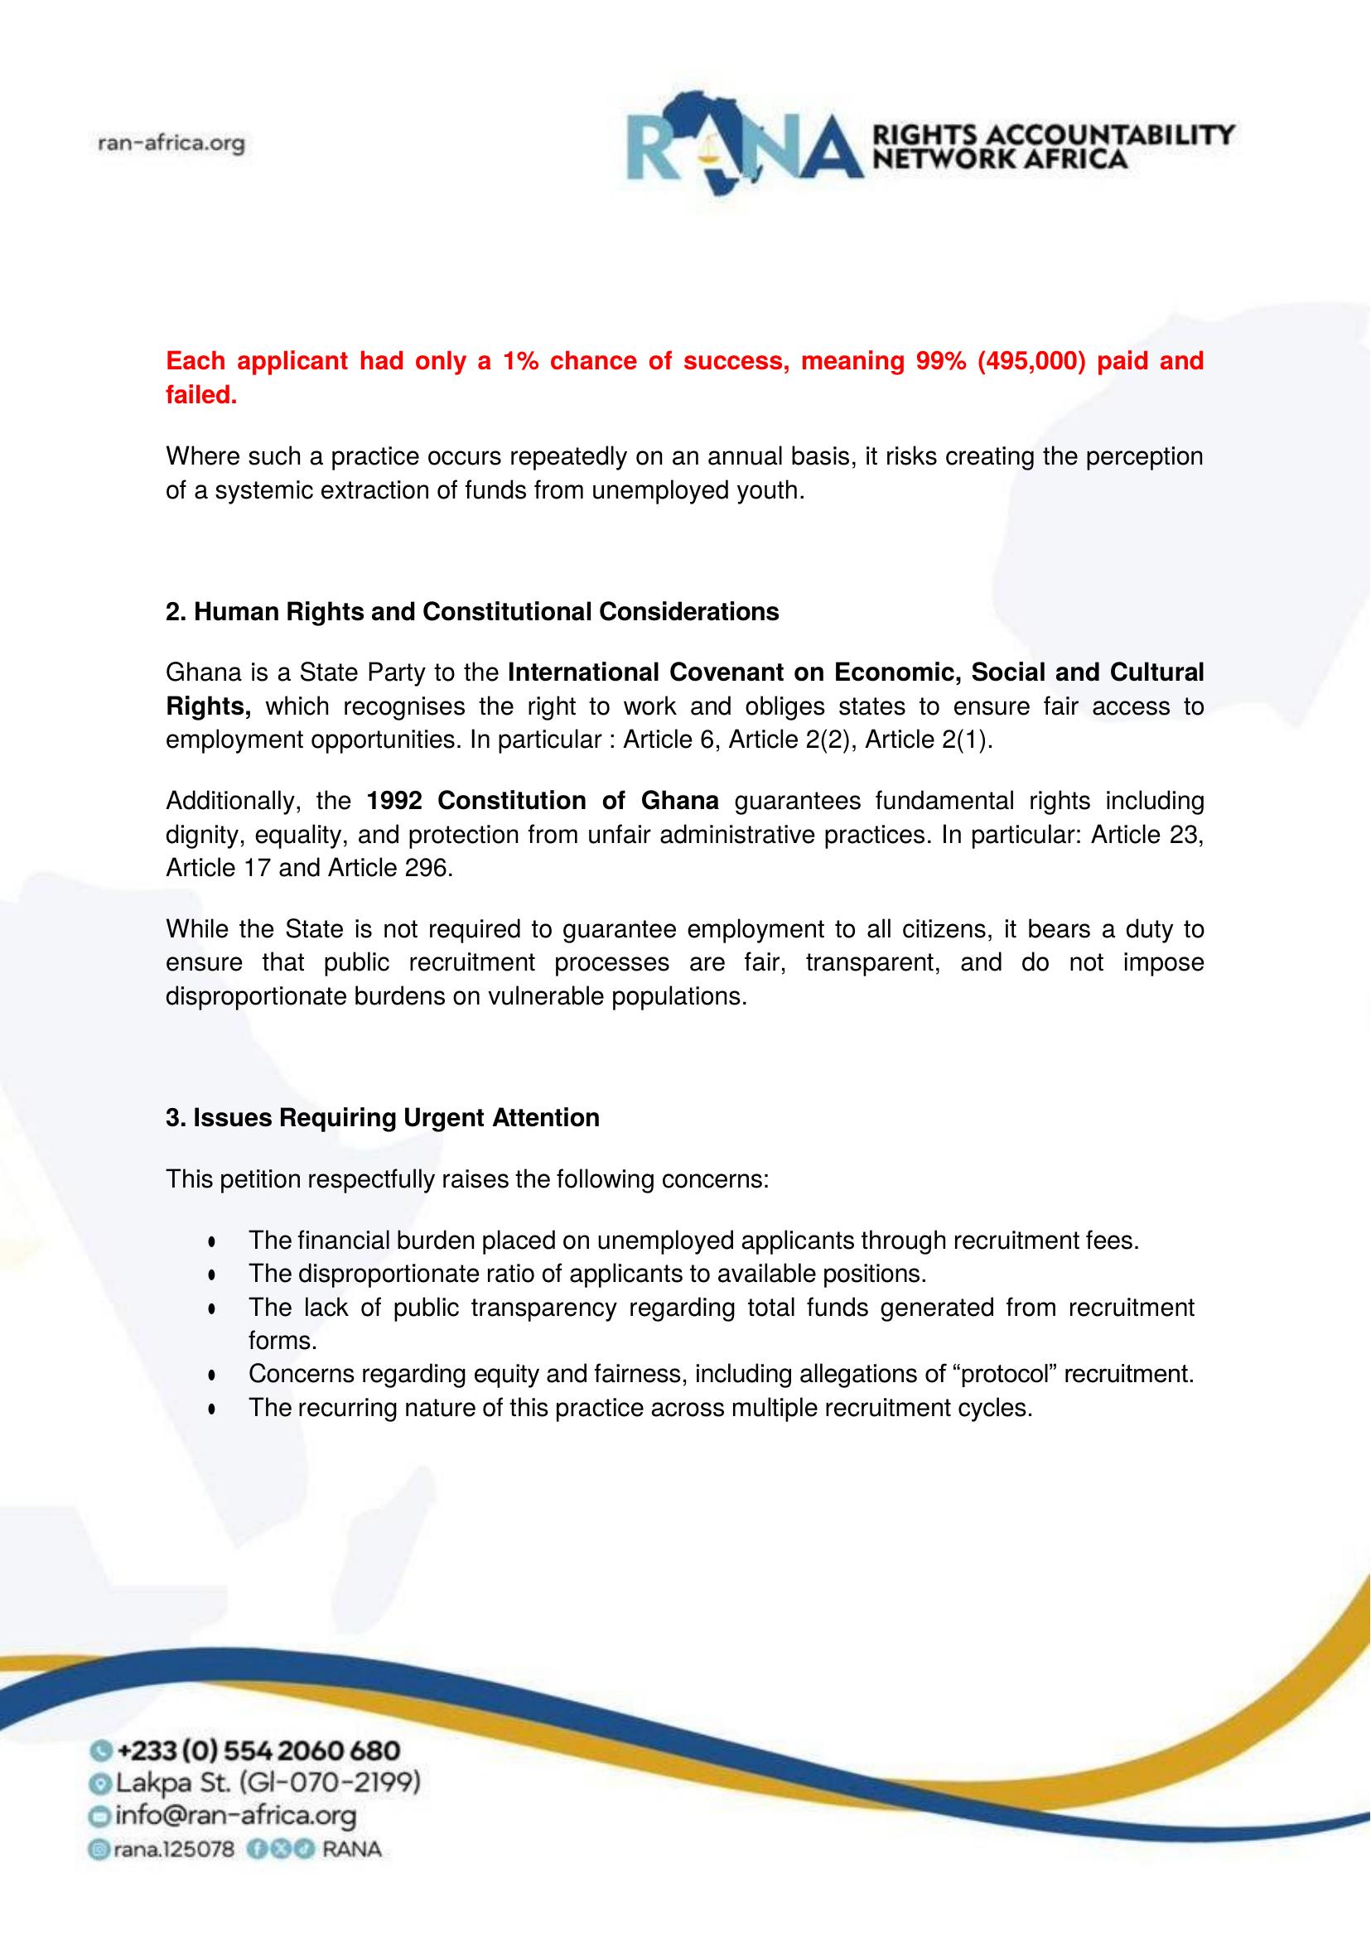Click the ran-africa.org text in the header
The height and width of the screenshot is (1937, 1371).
[171, 143]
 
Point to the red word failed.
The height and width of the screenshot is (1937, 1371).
[201, 395]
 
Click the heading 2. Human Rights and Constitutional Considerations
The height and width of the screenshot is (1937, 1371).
[472, 611]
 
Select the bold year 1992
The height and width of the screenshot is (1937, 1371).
[394, 800]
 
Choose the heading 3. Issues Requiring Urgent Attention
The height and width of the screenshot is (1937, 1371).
[383, 1117]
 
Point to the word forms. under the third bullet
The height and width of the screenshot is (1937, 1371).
[282, 1341]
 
